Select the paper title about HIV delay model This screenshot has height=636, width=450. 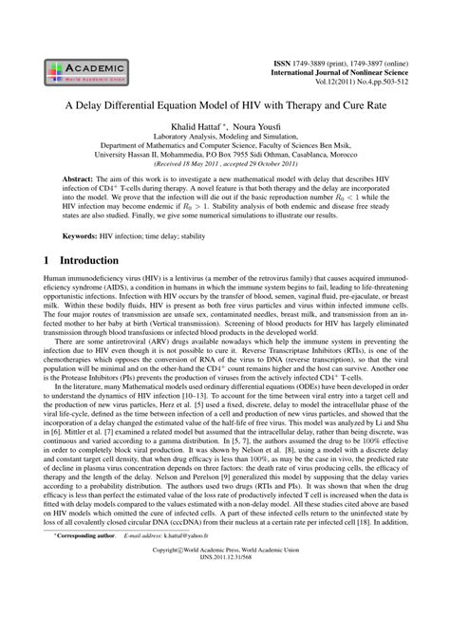click(x=224, y=107)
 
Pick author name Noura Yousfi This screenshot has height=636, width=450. click(x=259, y=126)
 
